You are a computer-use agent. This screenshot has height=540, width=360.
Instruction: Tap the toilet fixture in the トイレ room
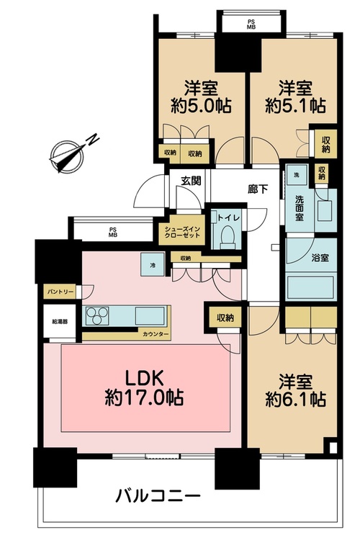click(227, 238)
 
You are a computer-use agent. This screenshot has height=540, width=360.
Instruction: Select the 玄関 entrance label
click(191, 181)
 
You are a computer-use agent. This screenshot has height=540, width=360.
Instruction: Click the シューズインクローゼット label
click(182, 233)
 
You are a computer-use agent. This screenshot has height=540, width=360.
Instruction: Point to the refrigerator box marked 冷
click(153, 264)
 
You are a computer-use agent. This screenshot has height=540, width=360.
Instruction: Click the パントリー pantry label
click(60, 292)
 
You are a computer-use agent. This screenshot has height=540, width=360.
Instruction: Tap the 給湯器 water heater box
click(60, 322)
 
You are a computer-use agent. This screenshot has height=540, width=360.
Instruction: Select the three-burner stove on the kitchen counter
click(96, 316)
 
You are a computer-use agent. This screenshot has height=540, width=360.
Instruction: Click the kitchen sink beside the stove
click(150, 315)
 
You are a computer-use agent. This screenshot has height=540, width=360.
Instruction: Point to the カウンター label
click(156, 334)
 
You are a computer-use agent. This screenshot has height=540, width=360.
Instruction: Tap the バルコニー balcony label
click(158, 496)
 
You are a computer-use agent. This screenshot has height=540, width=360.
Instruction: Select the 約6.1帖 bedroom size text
click(295, 400)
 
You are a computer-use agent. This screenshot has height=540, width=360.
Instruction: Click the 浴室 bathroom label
click(320, 258)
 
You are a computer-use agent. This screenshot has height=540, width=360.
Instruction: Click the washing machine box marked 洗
click(296, 175)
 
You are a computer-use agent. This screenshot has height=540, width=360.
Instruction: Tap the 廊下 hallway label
click(258, 189)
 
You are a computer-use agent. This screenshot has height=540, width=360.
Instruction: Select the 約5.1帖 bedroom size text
click(295, 106)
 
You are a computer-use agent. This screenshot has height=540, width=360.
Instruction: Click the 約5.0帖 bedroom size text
click(201, 106)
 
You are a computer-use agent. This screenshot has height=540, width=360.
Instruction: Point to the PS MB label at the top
click(251, 24)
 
